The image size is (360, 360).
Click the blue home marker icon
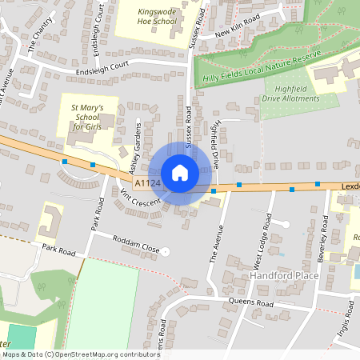[180, 173]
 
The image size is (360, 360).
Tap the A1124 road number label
[147, 184]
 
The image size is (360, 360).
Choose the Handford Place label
[284, 275]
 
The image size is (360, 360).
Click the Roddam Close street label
[135, 250]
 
